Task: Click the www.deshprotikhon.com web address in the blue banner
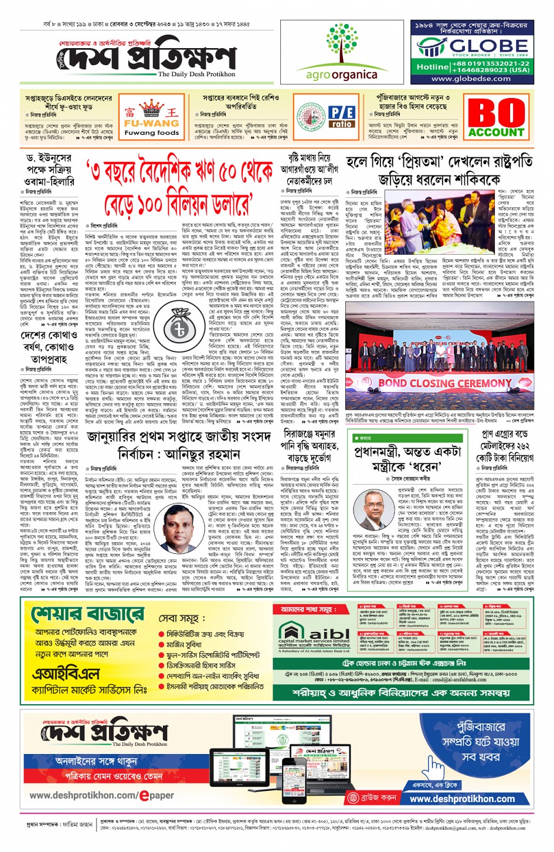point(462,799)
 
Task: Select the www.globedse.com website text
point(470,79)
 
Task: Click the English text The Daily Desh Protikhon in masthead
point(196,75)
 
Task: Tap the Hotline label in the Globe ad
point(432,67)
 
